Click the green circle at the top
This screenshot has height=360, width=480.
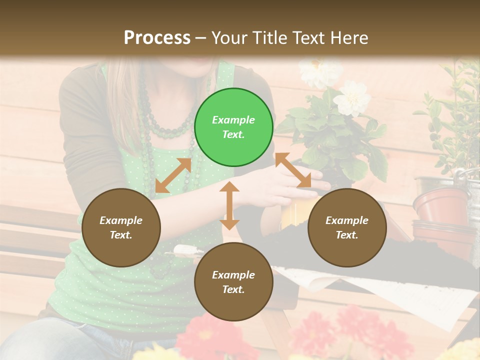point(233,127)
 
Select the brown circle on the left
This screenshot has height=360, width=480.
point(121,227)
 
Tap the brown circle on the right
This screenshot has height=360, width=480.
point(347,227)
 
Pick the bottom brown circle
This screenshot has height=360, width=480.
point(233,282)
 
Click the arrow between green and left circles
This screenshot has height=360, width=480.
point(173,175)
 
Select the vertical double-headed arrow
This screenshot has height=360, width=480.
point(229,205)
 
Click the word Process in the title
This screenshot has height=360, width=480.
point(157,37)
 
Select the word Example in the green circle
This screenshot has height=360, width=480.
point(233,120)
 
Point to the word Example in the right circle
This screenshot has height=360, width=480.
point(347,220)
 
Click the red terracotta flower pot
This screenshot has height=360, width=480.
point(433,205)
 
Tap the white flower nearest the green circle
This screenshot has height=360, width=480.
point(352,98)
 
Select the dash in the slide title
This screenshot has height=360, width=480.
point(201,38)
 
